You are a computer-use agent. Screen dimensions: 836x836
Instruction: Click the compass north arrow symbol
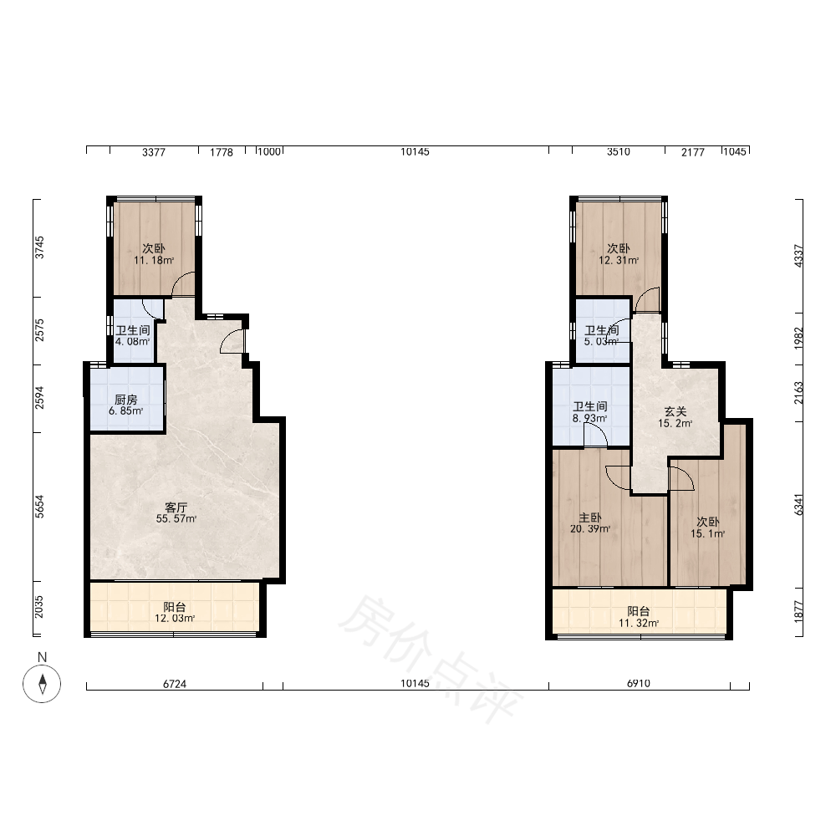pos(42,684)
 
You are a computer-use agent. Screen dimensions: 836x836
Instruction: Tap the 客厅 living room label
pos(176,507)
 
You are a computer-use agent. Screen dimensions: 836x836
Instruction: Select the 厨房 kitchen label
pos(126,400)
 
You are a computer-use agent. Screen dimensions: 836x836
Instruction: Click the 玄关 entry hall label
pos(675,411)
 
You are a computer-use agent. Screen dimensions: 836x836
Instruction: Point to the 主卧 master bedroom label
pos(590,517)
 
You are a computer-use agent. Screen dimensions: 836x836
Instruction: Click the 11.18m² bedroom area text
pos(154,261)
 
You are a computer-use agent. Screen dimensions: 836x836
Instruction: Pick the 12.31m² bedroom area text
pos(619,261)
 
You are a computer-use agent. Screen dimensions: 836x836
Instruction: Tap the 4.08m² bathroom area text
pos(133,342)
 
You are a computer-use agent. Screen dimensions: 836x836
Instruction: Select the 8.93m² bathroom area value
pos(589,419)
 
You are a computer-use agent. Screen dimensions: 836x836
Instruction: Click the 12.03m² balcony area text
pos(175,619)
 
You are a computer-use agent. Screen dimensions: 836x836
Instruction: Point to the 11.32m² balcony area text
pos(639,623)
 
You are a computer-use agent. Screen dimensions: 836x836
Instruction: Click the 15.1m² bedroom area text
pos(707,533)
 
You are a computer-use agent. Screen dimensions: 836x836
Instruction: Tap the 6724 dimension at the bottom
pos(175,684)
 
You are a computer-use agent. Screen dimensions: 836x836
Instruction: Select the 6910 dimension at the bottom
pos(639,684)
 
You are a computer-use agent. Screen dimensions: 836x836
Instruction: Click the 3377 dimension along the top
pos(154,152)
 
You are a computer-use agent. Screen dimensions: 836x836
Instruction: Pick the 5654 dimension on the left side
pos(40,507)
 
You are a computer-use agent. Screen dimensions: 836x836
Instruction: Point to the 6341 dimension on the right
pos(798,504)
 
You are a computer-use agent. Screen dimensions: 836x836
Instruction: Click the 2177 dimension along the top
pos(693,152)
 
